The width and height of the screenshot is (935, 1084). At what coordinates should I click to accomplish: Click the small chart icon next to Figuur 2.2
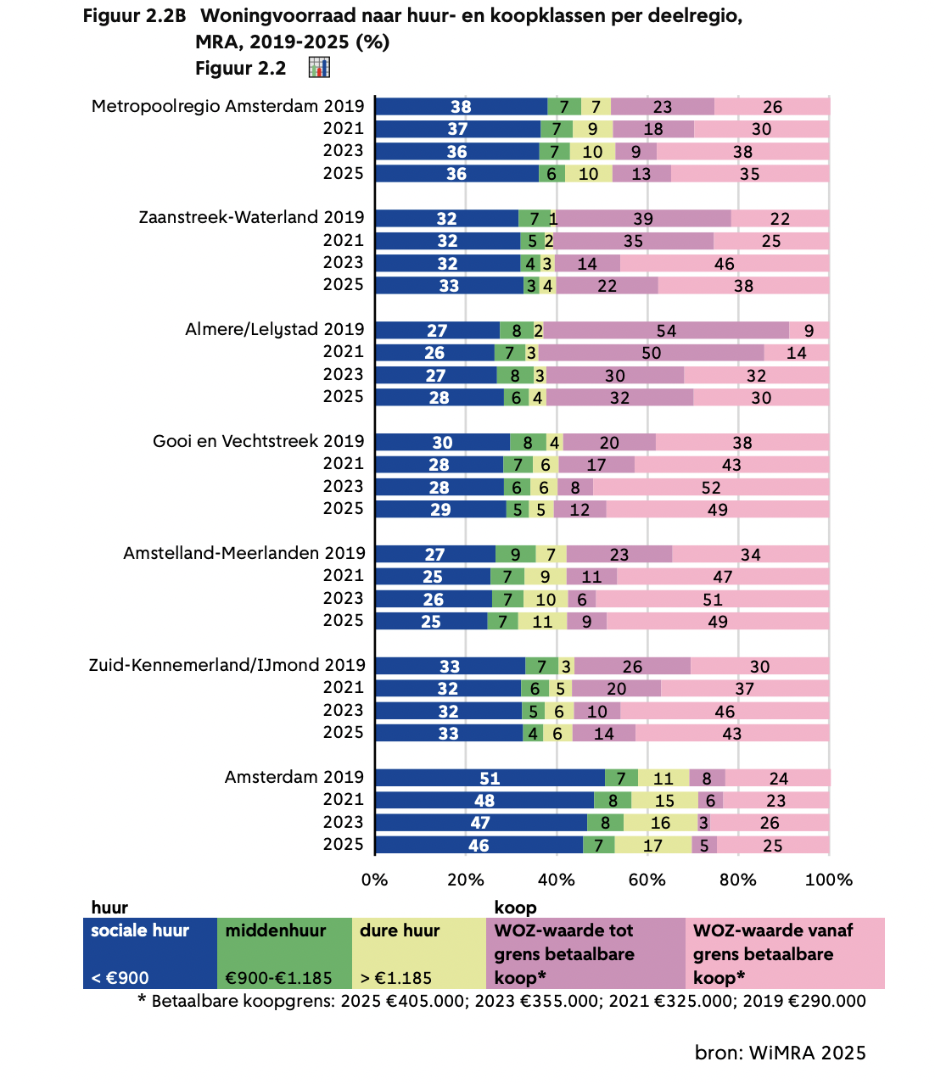(319, 68)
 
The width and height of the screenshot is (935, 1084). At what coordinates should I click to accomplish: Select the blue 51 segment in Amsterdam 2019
(490, 778)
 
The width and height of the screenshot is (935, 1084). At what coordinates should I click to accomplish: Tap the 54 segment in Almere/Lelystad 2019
(666, 330)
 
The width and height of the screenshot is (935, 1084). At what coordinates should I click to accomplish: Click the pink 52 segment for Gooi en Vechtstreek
(710, 487)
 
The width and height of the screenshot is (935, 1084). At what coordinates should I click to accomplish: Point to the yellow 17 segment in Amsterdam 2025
(652, 845)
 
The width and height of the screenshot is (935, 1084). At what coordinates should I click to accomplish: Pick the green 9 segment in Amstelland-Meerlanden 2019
(515, 554)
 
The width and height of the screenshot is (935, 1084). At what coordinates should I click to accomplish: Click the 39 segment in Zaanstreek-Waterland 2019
(643, 218)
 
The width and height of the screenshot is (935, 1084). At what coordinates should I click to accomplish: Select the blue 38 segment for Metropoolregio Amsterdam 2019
(461, 106)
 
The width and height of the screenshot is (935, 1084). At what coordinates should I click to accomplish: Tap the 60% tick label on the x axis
(647, 880)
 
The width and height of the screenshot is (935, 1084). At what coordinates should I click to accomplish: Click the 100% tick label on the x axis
(828, 880)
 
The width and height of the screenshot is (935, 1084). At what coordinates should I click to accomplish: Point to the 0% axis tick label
(375, 880)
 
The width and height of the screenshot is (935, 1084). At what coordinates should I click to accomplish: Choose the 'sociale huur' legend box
(150, 953)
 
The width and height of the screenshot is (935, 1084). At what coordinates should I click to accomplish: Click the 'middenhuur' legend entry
(284, 953)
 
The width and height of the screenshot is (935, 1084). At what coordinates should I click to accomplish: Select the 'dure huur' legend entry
(418, 953)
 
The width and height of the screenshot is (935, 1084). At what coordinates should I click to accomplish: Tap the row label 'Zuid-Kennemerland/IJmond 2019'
(227, 665)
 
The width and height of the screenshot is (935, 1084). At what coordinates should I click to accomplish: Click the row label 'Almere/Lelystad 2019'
(275, 329)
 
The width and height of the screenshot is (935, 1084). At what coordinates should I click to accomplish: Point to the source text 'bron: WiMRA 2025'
(780, 1053)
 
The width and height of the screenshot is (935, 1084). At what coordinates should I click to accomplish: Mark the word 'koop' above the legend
(515, 908)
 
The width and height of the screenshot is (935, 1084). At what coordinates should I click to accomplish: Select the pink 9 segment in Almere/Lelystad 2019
(809, 330)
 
